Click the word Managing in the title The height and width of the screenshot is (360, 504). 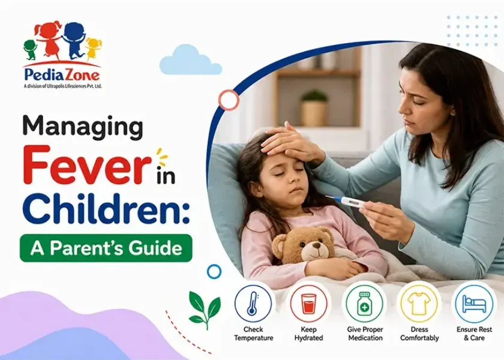click(83, 128)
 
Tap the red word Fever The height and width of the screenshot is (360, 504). click(87, 165)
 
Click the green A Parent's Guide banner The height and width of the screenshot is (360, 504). click(106, 248)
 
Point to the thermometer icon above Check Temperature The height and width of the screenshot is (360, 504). click(253, 303)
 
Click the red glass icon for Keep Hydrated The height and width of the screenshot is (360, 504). click(308, 303)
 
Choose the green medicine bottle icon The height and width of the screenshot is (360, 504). click(364, 304)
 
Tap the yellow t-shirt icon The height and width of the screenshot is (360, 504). click(419, 303)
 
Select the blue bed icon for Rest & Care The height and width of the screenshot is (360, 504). click(475, 304)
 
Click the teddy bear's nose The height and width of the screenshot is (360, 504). click(317, 246)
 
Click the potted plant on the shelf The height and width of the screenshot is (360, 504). click(314, 108)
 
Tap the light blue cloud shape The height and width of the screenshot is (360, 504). click(190, 61)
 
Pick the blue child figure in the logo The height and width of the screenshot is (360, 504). click(73, 40)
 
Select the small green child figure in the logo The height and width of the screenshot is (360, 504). click(31, 49)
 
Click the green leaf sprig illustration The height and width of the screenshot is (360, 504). click(205, 309)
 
